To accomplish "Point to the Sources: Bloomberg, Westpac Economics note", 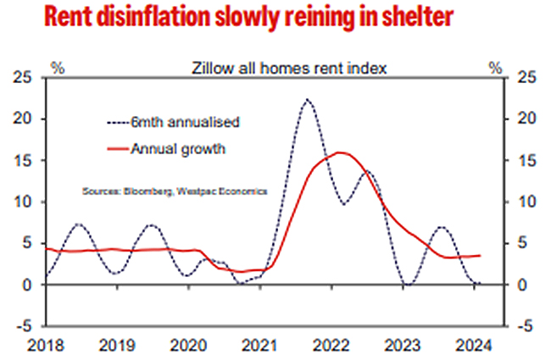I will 175,191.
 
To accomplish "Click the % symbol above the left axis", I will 58,65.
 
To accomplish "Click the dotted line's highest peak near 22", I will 307,99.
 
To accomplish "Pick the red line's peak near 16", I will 341,152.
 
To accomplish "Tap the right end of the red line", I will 481,256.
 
